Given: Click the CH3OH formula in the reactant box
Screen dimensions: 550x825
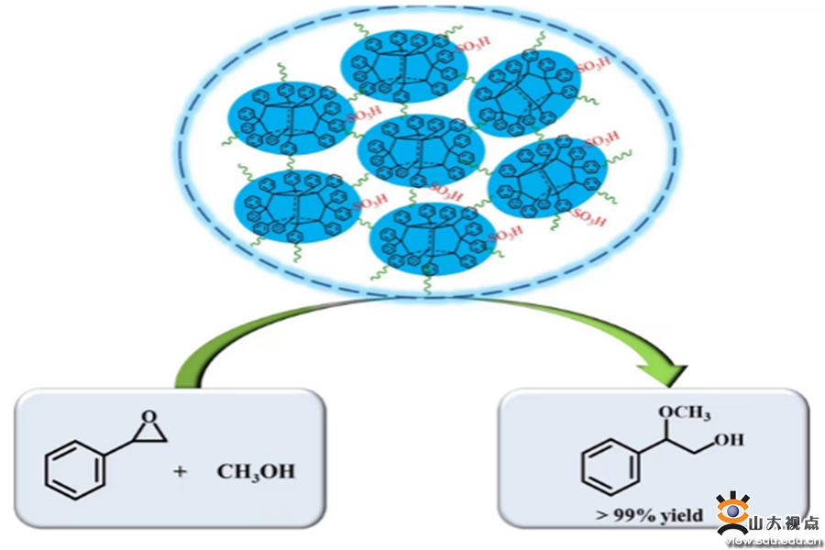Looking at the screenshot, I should tap(256, 472).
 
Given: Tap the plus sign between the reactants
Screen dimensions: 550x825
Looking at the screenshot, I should tap(180, 472).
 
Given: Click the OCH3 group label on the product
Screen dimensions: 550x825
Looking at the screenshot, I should tap(682, 413).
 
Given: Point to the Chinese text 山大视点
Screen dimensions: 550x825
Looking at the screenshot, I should tap(785, 524).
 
